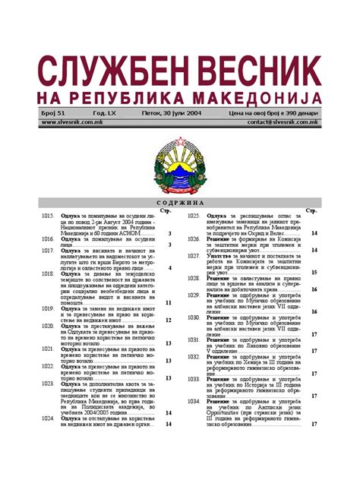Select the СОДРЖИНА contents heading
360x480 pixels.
point(179,204)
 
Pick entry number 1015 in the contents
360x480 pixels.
point(47,216)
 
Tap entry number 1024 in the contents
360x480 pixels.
point(47,418)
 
